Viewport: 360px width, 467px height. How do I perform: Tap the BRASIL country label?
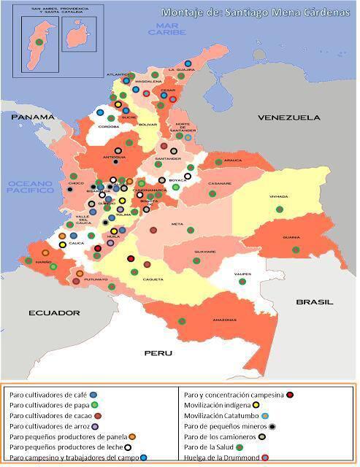(x=314, y=301)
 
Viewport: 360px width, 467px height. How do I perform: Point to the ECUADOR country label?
(x=53, y=312)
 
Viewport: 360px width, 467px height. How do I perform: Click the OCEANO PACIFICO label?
(x=31, y=187)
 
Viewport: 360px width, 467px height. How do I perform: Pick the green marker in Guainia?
(x=296, y=249)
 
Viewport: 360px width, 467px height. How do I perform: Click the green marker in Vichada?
(x=279, y=209)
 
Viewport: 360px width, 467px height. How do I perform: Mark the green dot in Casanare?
(x=212, y=193)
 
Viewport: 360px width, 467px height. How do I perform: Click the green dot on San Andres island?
(x=38, y=42)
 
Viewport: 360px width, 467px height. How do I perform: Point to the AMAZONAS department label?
(x=223, y=320)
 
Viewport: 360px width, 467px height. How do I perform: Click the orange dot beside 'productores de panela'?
(x=132, y=436)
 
